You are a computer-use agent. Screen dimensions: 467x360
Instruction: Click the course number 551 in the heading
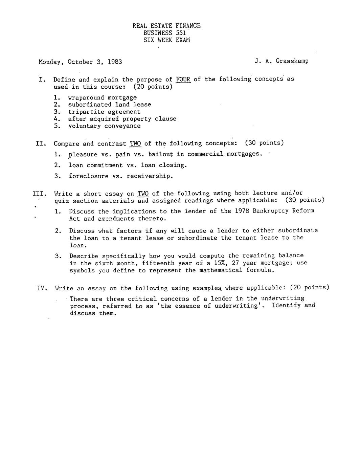(x=181, y=33)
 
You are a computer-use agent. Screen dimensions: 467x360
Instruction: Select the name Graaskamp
(x=292, y=61)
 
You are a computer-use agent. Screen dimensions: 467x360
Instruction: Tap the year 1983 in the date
(x=115, y=62)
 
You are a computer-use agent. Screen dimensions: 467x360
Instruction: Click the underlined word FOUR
(x=183, y=80)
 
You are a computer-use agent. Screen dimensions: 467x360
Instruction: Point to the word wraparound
(x=86, y=98)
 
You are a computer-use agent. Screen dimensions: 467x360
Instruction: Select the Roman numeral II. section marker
(x=41, y=143)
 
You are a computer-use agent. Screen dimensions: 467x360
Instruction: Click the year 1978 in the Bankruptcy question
(x=242, y=211)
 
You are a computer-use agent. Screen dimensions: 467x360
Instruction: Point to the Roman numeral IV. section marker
(x=42, y=288)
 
